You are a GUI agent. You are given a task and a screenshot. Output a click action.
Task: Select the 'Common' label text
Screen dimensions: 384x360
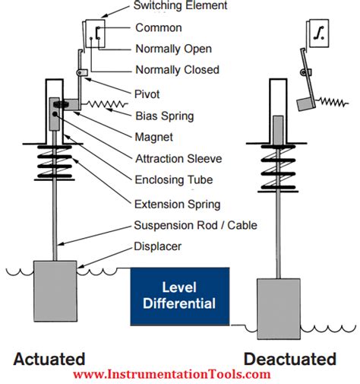(158, 28)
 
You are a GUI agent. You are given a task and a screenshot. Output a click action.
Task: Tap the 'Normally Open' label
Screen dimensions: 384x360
(172, 49)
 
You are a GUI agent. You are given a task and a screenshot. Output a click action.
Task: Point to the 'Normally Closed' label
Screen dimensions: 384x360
(177, 70)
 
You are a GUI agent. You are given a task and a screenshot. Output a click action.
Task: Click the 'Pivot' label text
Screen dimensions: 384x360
(147, 94)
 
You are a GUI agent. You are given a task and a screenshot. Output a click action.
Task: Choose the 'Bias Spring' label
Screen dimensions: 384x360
(163, 116)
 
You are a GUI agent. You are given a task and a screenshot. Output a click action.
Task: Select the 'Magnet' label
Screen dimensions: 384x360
(154, 137)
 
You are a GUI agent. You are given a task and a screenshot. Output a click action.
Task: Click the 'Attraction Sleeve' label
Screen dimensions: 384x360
(178, 159)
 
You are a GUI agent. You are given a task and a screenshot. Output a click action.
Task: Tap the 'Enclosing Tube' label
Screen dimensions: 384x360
(173, 180)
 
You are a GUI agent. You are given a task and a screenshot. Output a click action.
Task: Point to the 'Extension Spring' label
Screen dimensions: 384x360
(177, 204)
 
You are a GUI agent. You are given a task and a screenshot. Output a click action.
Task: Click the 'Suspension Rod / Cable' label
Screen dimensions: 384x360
(195, 226)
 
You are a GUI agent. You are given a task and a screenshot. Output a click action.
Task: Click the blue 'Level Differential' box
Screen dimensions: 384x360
(179, 297)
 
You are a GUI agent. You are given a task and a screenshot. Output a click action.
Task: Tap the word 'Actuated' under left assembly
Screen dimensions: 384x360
(48, 358)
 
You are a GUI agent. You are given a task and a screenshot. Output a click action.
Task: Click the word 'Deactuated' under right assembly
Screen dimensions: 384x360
(290, 358)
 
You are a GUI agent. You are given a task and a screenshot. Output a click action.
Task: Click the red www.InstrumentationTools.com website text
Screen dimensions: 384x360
(172, 374)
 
